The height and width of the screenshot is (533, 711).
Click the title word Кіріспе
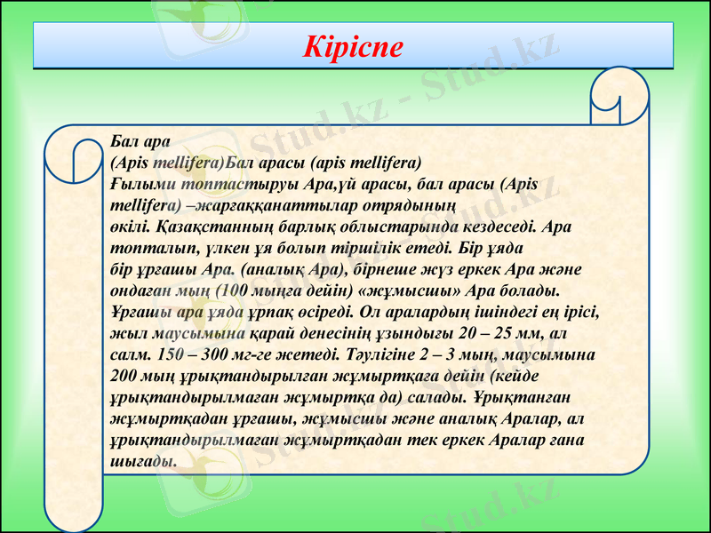click(354, 47)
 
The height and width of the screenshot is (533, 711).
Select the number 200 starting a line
click(126, 376)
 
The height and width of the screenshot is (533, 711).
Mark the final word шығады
click(142, 461)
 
